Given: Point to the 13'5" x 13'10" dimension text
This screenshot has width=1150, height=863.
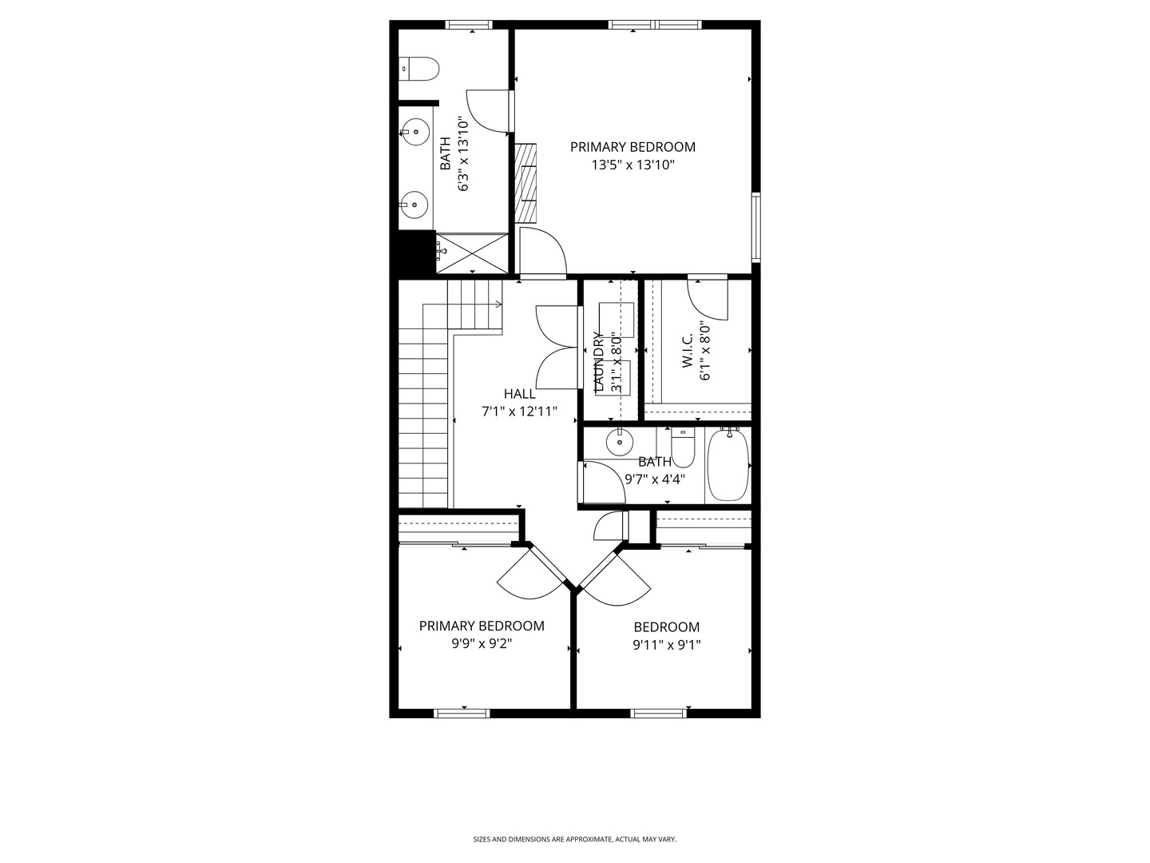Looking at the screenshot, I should click(633, 165).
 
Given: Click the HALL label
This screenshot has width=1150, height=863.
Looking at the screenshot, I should click(520, 394).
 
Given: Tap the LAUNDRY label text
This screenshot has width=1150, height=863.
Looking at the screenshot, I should click(598, 361).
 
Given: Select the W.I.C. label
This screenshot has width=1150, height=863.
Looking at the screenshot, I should click(688, 352).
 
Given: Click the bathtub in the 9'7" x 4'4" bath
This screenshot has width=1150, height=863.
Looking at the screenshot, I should click(728, 466).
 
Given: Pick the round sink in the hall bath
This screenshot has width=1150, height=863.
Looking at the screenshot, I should click(619, 440).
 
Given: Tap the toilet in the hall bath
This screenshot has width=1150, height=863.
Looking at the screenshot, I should click(683, 448).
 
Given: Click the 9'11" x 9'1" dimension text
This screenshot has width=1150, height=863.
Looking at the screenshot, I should click(667, 645).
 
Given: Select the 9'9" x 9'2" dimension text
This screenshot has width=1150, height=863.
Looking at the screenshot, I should click(482, 643).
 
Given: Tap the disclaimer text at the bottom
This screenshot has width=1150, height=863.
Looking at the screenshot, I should click(575, 839).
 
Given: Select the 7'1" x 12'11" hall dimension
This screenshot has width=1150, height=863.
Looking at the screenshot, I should click(519, 412).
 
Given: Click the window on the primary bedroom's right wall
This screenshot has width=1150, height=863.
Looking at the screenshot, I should click(755, 227).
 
